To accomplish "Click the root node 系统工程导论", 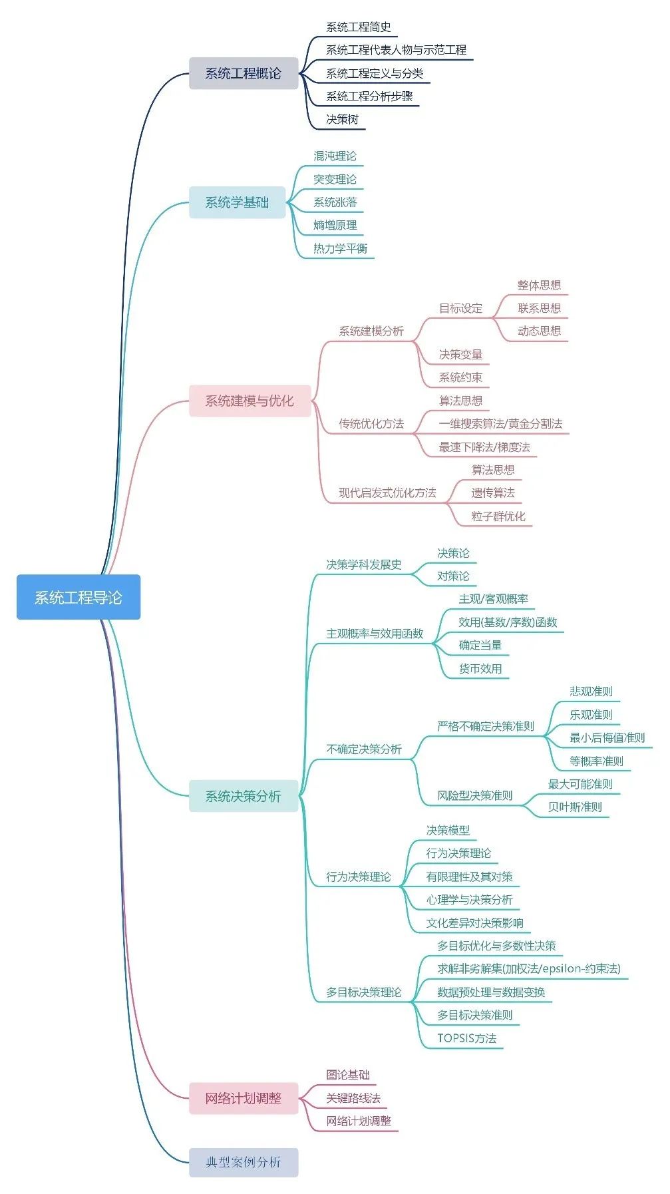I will [79, 597].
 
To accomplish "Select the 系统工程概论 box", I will [243, 73].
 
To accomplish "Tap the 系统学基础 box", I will [237, 202].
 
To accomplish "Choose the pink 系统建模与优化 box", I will [250, 401].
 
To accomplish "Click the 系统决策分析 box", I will [243, 796].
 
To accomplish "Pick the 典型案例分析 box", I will [243, 1162].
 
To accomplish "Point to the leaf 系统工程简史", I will [358, 27].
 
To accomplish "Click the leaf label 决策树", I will [342, 119].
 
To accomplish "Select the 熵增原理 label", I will [335, 225].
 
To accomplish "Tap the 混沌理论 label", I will [335, 156].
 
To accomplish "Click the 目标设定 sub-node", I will [460, 308].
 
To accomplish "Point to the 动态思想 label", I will [539, 331].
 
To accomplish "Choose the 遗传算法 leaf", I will [493, 493].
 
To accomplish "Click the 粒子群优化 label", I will [498, 516].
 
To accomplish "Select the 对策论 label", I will [453, 576].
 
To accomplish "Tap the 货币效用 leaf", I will [480, 668].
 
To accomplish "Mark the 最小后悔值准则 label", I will [607, 737].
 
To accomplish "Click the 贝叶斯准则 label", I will [575, 807].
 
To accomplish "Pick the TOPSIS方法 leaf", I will [467, 1038].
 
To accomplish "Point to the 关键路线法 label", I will [353, 1097].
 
